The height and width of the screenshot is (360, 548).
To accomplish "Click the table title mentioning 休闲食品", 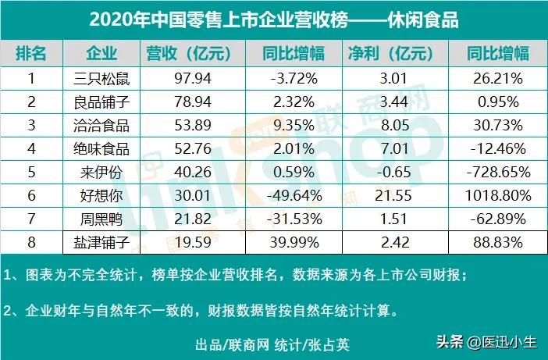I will click(x=274, y=20).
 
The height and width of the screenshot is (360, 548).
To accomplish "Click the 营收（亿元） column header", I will click(x=190, y=54).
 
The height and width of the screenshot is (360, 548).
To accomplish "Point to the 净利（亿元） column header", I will click(x=390, y=54).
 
